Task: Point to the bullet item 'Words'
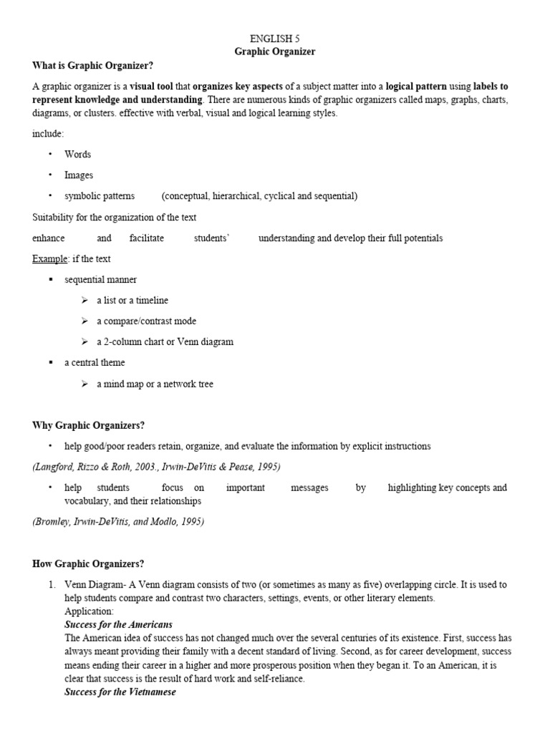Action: (77, 154)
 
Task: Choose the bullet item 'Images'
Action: (79, 175)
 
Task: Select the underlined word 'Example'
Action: (48, 258)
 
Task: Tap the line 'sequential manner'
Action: (100, 279)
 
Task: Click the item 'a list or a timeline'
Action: (132, 300)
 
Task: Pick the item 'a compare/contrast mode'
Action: (146, 321)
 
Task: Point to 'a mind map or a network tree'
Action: (155, 384)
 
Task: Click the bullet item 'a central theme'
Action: (95, 362)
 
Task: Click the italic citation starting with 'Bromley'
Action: (118, 522)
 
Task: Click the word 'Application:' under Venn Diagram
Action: (89, 612)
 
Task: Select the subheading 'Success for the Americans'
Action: (118, 625)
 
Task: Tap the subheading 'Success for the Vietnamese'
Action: (120, 692)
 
